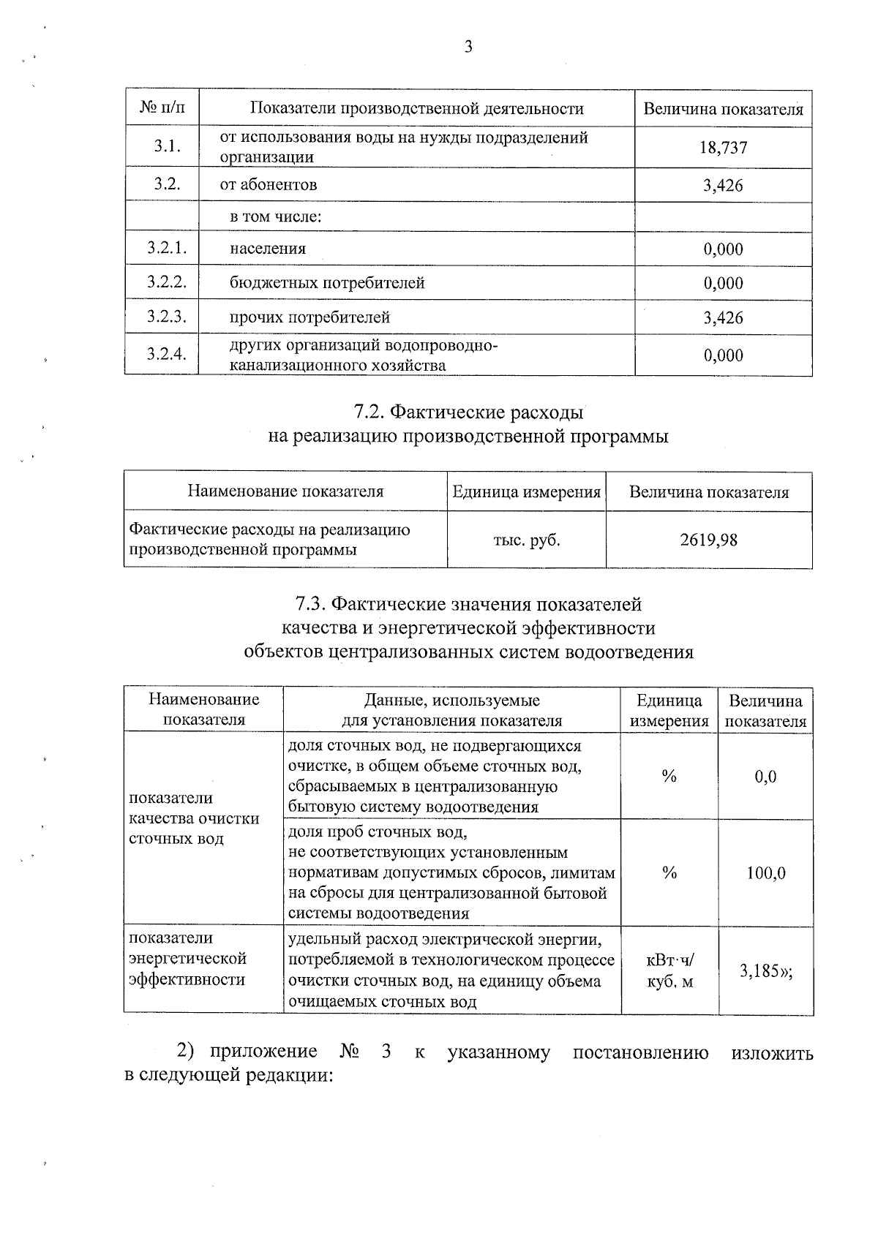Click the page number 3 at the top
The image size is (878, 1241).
[x=468, y=48]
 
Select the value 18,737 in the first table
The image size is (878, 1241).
[x=723, y=148]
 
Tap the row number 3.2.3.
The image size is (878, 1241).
[x=167, y=317]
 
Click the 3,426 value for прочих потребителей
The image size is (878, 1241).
[x=723, y=317]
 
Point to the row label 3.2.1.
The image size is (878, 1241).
[x=167, y=248]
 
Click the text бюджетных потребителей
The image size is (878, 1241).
[x=327, y=283]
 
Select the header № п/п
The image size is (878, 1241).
[x=162, y=109]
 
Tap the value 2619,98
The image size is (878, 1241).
[x=708, y=540]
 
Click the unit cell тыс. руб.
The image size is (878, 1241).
[x=526, y=540]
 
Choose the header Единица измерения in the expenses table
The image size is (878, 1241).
[x=526, y=492]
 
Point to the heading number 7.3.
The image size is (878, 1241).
[x=312, y=605]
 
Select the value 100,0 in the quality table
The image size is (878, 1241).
[x=765, y=873]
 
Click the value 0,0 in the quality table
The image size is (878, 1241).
[x=765, y=777]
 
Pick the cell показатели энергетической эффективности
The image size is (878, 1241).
[x=187, y=959]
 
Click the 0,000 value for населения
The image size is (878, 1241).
[x=723, y=249]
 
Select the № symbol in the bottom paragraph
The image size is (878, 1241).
[x=350, y=1052]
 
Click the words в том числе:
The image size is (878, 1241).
[x=276, y=217]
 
